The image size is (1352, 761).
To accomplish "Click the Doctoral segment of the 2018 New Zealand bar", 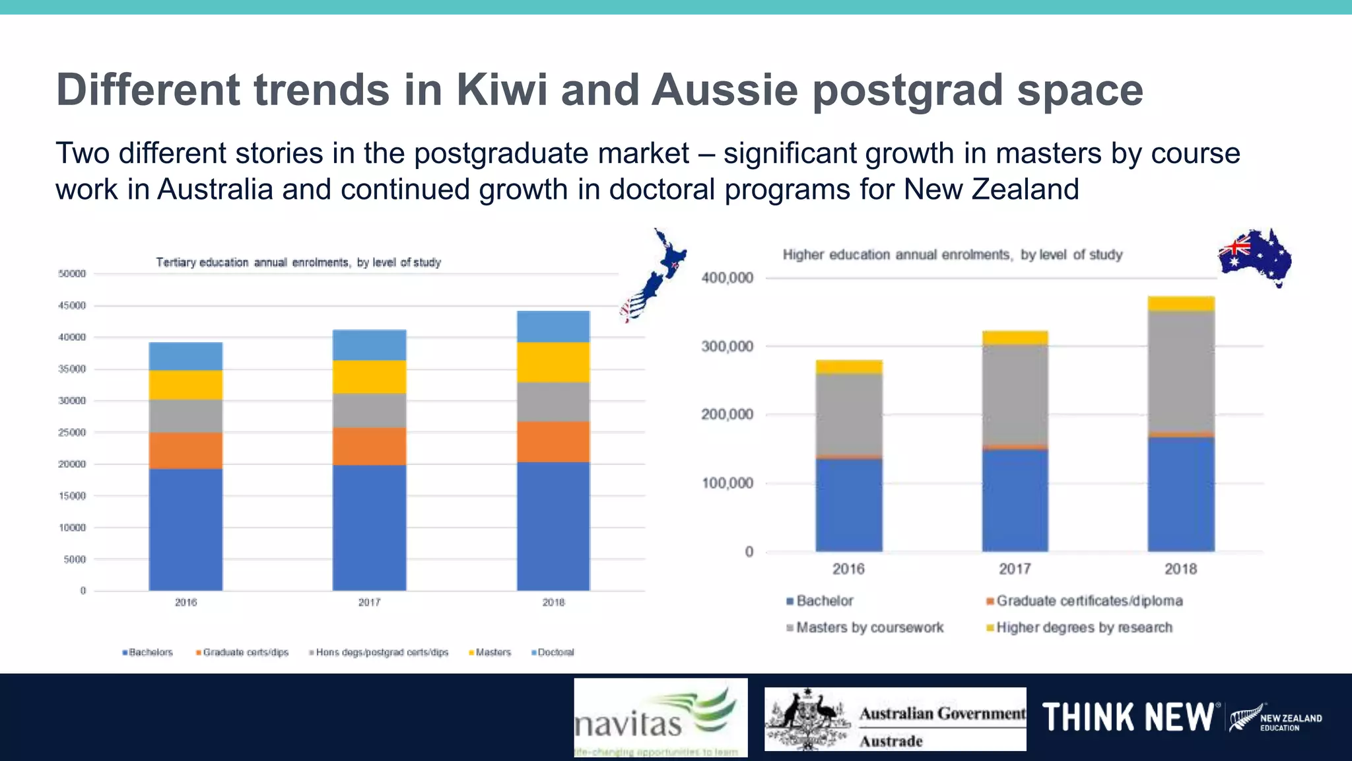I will (553, 326).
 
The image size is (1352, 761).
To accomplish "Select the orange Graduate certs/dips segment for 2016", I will (186, 451).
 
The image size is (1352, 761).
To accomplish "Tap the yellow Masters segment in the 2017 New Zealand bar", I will (369, 377).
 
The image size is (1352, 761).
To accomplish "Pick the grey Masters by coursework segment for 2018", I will (1181, 371).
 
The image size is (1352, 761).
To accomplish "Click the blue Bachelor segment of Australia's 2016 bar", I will (849, 505).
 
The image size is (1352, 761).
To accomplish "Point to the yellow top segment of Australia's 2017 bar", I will (1015, 338).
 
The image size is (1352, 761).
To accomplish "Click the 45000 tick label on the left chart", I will (72, 305).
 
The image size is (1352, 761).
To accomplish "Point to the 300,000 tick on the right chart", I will (727, 347).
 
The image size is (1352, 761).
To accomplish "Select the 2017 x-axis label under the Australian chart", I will (1015, 569).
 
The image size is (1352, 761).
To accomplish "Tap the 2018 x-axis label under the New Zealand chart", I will (553, 602).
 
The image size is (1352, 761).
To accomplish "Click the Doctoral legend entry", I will (553, 653).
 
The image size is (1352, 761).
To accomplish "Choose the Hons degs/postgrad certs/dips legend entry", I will (379, 653).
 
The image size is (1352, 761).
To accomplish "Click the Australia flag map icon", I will (1255, 257).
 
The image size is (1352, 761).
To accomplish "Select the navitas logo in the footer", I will (660, 717).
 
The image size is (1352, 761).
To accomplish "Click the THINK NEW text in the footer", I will (1128, 717).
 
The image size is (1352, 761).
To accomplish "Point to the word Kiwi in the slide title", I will (502, 90).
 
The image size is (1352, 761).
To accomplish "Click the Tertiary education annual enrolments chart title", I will (298, 262).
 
